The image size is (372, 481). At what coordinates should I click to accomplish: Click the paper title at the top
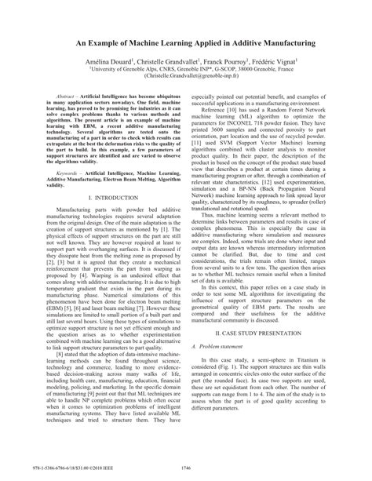click(186, 37)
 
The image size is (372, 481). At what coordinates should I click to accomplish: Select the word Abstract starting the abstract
click(63, 115)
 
